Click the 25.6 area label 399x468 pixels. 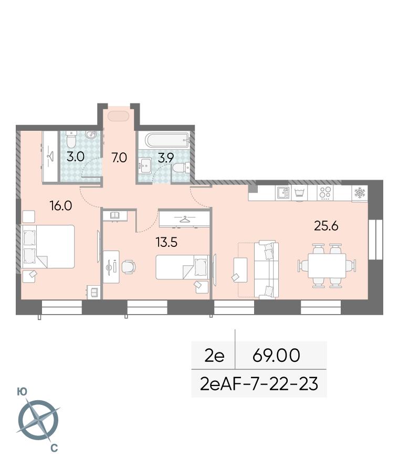(x=326, y=226)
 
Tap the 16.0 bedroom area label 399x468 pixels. (x=61, y=206)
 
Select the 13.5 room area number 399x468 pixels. (x=166, y=242)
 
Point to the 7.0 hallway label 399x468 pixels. (x=119, y=158)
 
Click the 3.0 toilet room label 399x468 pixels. (x=76, y=157)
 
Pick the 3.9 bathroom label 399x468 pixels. (x=166, y=158)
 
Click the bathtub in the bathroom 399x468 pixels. (x=167, y=140)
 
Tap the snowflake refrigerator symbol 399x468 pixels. (x=359, y=193)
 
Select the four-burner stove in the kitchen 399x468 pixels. (x=325, y=193)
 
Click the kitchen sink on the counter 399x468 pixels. (x=283, y=193)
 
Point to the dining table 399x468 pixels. (x=327, y=266)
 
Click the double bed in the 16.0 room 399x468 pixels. (x=48, y=246)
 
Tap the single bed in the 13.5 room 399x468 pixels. (x=182, y=267)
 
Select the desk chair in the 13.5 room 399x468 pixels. (x=128, y=266)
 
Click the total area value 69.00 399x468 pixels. (x=276, y=355)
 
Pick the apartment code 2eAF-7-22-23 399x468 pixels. (x=259, y=384)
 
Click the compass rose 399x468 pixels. (x=38, y=420)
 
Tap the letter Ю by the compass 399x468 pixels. (x=22, y=392)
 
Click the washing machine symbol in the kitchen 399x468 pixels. (x=299, y=193)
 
